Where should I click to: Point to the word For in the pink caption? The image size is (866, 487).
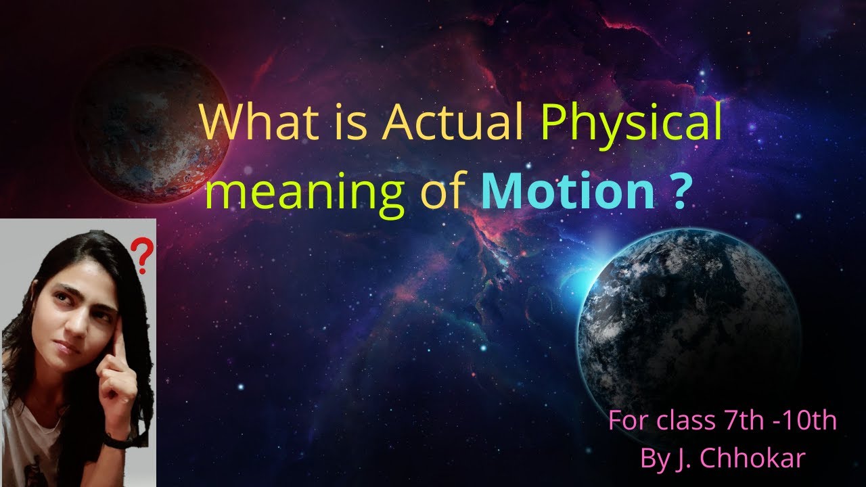(x=629, y=421)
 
